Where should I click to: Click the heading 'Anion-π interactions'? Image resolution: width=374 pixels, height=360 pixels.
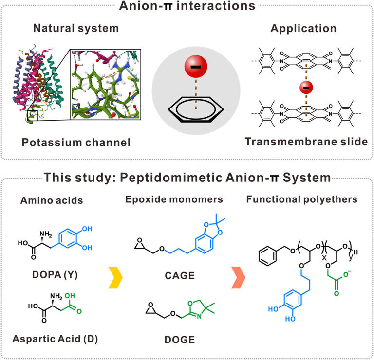point(187,6)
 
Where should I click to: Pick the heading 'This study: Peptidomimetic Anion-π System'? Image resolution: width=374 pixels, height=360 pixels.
point(187,178)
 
